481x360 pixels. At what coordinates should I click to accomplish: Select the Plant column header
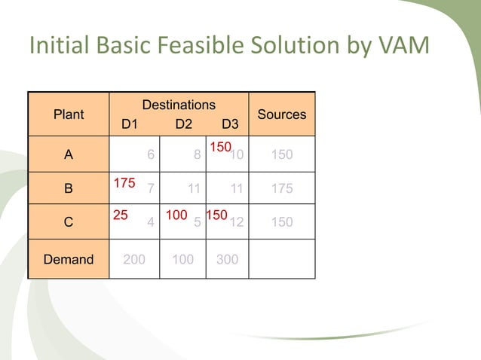click(69, 114)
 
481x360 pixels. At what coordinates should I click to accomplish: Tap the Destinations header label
click(179, 105)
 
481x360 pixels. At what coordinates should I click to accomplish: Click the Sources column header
click(282, 114)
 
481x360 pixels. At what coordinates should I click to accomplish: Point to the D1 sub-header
click(130, 124)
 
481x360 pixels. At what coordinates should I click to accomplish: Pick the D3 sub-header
click(230, 124)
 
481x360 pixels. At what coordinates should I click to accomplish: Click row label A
click(69, 155)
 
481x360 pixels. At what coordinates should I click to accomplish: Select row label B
click(69, 189)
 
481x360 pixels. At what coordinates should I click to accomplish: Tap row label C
click(69, 223)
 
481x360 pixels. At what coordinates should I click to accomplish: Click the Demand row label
click(69, 260)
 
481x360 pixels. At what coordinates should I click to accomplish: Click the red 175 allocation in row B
click(124, 182)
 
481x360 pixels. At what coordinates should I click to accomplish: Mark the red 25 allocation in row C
click(120, 215)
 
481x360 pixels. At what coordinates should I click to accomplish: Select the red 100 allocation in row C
click(176, 215)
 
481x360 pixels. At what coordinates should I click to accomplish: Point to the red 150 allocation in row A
click(219, 148)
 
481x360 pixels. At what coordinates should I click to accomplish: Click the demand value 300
click(227, 260)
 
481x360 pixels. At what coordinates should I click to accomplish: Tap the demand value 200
click(134, 260)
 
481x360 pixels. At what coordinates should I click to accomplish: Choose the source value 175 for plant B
click(282, 189)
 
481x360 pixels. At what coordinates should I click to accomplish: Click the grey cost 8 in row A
click(197, 155)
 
